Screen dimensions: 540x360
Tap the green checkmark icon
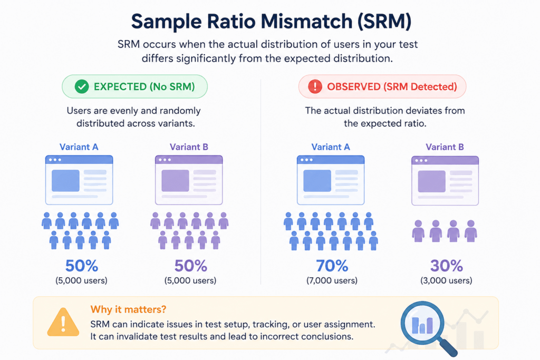click(82, 87)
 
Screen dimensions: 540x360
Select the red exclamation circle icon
click(315, 87)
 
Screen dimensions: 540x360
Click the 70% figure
click(332, 266)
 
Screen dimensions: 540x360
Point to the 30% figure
click(446, 266)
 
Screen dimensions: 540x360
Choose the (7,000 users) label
click(332, 280)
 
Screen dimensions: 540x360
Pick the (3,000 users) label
click(446, 280)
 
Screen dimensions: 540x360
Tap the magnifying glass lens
click(422, 323)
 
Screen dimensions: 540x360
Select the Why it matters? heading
click(128, 309)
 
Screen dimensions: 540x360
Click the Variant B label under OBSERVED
click(445, 147)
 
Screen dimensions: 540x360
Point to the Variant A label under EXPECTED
click(79, 147)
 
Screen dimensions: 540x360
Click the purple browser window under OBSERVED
click(445, 181)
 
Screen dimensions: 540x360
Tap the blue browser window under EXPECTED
click(79, 180)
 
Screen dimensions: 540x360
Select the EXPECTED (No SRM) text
click(144, 87)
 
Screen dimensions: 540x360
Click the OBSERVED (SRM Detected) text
click(392, 87)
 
